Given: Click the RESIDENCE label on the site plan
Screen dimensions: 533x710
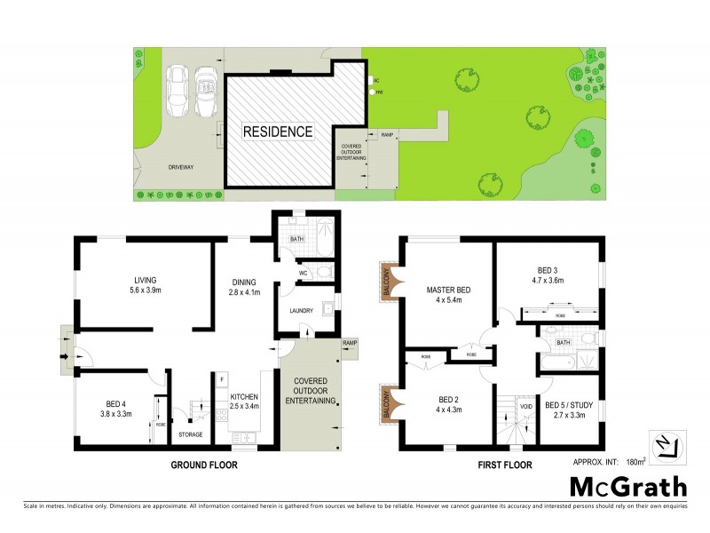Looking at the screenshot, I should [x=279, y=131].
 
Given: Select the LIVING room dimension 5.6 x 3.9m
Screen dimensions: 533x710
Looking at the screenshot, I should [x=144, y=290].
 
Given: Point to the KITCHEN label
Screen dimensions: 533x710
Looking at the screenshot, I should [x=245, y=397].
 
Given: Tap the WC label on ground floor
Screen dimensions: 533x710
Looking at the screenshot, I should [x=302, y=273].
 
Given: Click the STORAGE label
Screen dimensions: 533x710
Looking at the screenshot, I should [x=191, y=434].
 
